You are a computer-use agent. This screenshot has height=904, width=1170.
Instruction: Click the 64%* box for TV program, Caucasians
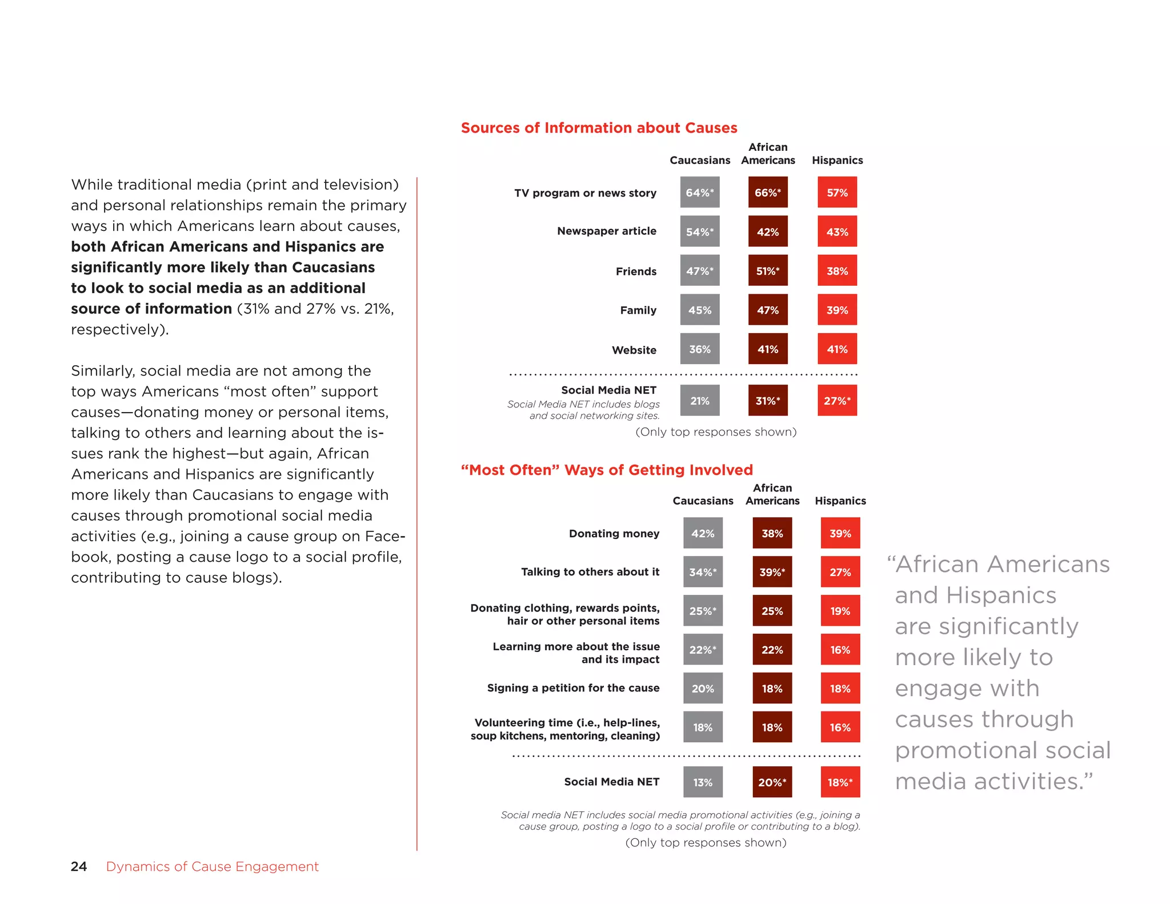699,193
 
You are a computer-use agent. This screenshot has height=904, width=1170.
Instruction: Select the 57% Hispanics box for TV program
837,193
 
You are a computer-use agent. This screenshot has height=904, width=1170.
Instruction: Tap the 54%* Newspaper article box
699,231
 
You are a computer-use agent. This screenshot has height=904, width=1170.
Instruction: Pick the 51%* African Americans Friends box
768,271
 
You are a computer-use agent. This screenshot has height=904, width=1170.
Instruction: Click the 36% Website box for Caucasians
699,349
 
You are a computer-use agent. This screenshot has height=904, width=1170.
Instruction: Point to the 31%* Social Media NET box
768,401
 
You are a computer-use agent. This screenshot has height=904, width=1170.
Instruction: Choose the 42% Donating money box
703,533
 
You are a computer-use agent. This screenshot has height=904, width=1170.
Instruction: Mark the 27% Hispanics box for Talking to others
840,572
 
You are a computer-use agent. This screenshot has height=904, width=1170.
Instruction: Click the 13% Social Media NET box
703,782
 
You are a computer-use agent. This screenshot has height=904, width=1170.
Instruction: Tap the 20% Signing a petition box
703,689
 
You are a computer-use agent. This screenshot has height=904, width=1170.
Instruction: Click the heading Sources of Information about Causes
599,128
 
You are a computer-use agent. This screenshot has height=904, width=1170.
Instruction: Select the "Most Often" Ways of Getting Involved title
607,470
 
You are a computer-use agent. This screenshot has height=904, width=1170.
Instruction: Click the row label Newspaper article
607,231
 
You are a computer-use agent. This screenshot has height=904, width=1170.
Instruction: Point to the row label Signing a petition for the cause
573,688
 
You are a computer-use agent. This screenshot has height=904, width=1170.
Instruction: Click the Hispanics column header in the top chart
837,161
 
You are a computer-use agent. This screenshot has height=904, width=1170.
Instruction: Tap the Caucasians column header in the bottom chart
703,501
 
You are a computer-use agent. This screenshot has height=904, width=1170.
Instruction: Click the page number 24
79,866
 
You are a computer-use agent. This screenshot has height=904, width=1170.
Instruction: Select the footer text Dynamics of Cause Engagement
212,866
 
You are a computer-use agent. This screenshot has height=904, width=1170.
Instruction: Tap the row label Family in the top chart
638,310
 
